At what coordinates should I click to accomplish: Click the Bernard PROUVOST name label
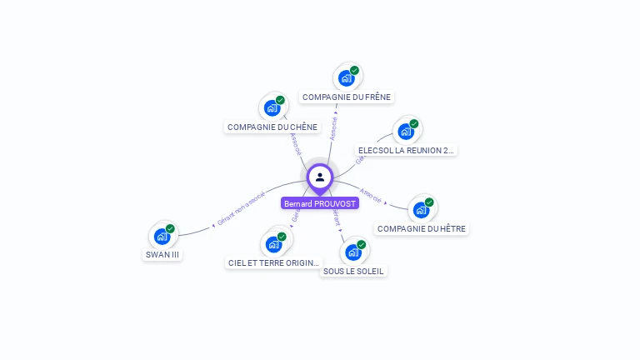[320, 203]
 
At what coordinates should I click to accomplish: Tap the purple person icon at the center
[320, 177]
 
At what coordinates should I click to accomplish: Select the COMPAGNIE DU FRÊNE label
[347, 97]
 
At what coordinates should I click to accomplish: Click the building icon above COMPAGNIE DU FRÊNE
[346, 78]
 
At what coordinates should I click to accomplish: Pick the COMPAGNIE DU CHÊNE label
[272, 127]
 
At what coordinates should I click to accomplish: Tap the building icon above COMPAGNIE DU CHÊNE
[272, 108]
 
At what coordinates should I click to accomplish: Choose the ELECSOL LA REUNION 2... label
[406, 151]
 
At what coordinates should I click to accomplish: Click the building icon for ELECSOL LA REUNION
[406, 132]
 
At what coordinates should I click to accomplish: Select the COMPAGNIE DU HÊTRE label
[422, 228]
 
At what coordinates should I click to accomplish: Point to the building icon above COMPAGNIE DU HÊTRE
[421, 210]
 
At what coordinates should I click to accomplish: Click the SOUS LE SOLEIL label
[354, 271]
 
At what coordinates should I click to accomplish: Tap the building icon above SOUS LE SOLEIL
[353, 252]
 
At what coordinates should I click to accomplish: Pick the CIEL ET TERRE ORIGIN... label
[273, 262]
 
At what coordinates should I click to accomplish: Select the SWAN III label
[162, 255]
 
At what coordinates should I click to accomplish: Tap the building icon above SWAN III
[162, 237]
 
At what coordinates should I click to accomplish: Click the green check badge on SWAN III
[170, 229]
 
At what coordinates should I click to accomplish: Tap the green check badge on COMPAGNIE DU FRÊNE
[354, 71]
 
